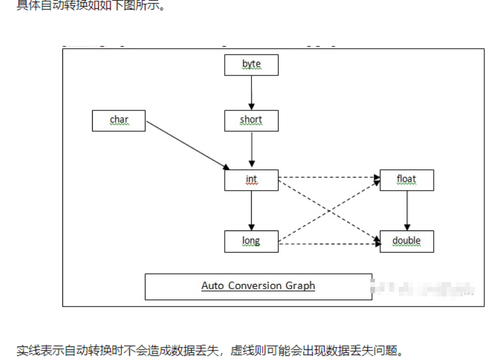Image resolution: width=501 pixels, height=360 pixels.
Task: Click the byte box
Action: (x=251, y=65)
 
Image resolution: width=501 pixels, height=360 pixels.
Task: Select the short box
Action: (x=251, y=121)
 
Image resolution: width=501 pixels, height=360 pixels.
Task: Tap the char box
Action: (x=119, y=121)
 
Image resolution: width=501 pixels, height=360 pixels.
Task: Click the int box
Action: (x=251, y=180)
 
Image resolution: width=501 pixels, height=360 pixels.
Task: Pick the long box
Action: (x=251, y=242)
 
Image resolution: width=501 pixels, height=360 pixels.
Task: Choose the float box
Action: (x=407, y=180)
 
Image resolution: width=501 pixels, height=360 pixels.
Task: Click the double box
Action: (x=407, y=242)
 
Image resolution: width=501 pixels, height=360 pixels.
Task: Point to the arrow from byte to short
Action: (x=251, y=92)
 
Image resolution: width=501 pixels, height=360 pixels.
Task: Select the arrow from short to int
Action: (x=251, y=149)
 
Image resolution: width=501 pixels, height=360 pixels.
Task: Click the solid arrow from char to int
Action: (x=187, y=146)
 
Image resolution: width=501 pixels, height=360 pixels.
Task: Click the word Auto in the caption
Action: (x=212, y=286)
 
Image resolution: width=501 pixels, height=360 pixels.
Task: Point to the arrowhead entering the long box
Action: (x=251, y=227)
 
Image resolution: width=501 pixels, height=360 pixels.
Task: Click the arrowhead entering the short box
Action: (x=251, y=106)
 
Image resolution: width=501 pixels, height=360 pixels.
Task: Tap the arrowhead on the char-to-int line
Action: (x=226, y=167)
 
